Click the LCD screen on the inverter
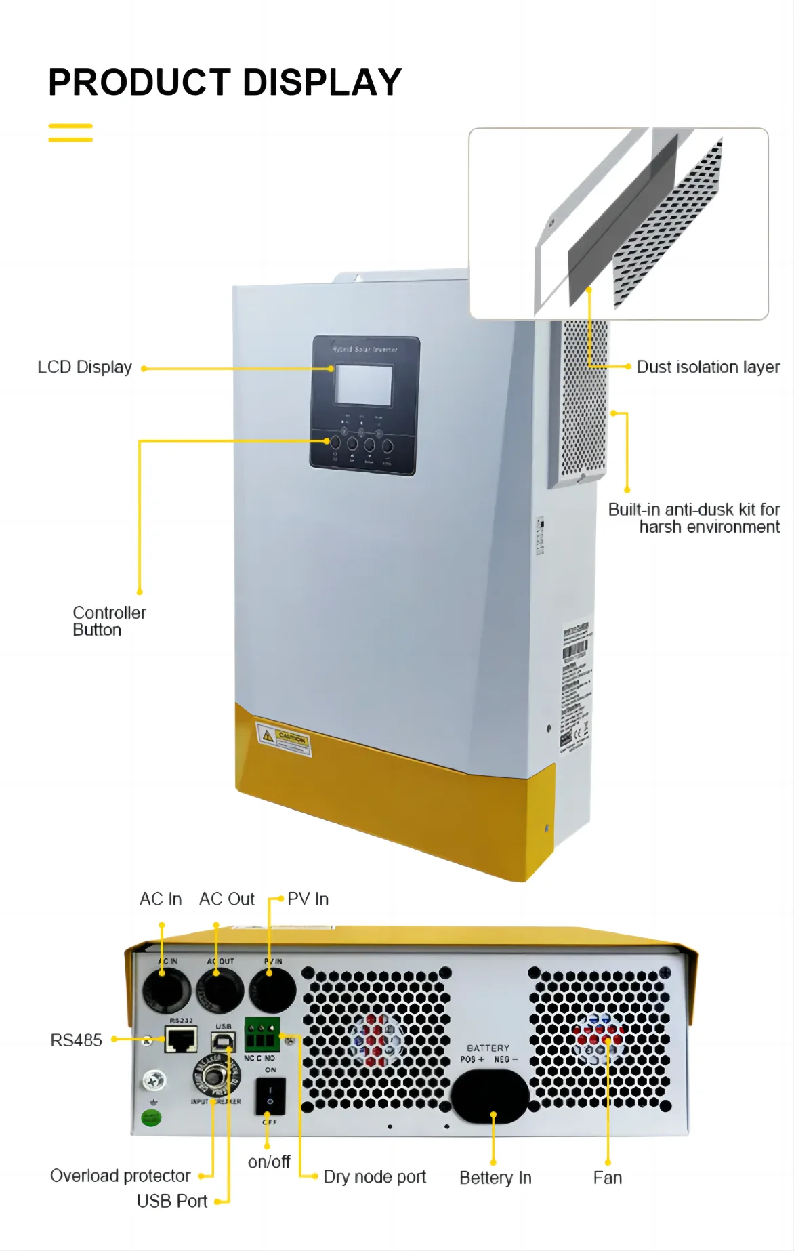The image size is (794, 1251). pos(364,385)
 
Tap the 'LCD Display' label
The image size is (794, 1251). pos(85,367)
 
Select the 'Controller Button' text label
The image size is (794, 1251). pos(108,621)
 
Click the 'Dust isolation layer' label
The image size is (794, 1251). pos(708,367)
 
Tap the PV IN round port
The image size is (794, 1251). pos(272,991)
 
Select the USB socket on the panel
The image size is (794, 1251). pos(223,1042)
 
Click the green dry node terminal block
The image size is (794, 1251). pos(262,1034)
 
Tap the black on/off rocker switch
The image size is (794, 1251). pos(270,1096)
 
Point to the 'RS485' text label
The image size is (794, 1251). pos(76,1040)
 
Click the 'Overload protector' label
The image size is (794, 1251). pos(120,1176)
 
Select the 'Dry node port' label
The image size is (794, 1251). pos(375,1177)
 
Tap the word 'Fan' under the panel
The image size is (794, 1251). pos(607,1178)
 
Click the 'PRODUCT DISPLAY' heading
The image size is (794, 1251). pos(225,83)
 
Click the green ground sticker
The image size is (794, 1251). pos(151,1117)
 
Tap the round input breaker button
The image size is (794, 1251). pos(215,1075)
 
